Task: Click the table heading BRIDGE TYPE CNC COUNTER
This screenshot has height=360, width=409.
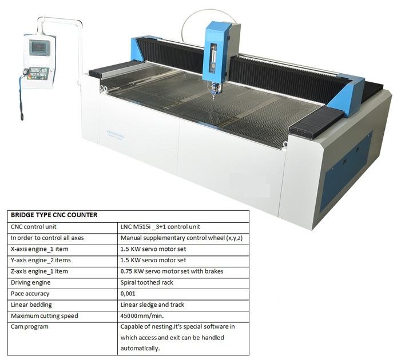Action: tap(54, 215)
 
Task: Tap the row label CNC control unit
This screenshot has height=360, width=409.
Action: tap(33, 227)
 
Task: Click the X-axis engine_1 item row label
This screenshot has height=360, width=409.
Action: tap(39, 249)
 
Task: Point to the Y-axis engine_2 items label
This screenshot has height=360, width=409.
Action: tap(41, 260)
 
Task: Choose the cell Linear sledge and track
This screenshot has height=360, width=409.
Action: tap(152, 305)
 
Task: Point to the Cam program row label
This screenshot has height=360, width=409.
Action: tap(30, 327)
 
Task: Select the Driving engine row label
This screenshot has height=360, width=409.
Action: tap(31, 282)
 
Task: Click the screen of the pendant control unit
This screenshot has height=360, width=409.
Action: tap(39, 47)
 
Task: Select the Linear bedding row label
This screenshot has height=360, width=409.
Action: tap(31, 305)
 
